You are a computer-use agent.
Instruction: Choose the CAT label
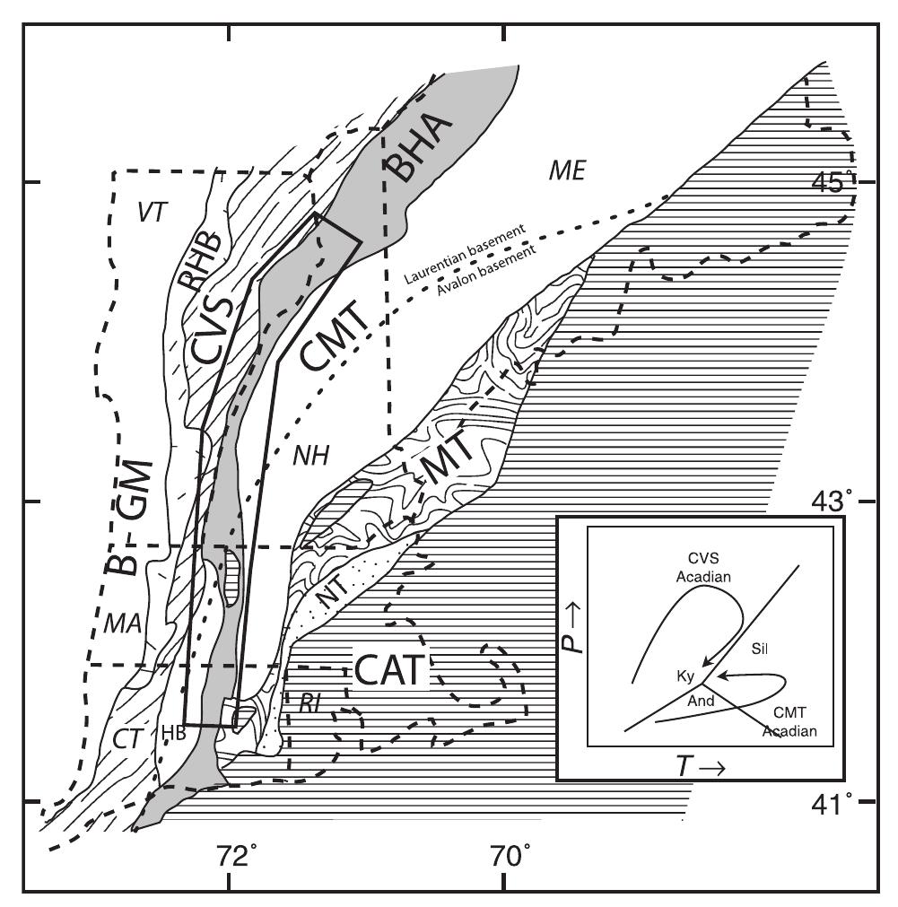pos(388,669)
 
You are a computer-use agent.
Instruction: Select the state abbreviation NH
pos(308,457)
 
